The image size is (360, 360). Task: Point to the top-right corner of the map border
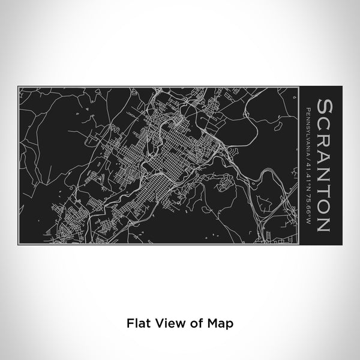(298, 88)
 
